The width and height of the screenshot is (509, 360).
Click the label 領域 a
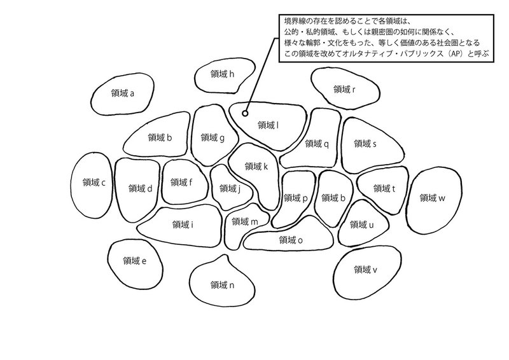coord(123,93)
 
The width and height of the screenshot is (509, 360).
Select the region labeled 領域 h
coord(223,74)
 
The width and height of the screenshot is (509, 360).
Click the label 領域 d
coord(140,188)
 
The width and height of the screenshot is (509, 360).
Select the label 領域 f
coord(181,183)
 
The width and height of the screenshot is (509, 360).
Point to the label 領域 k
coord(256,167)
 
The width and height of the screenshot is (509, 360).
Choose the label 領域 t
coord(384,188)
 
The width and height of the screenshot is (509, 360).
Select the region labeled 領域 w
coord(432,198)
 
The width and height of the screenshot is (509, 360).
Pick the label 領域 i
coord(183,224)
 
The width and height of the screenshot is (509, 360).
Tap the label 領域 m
coord(244,221)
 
